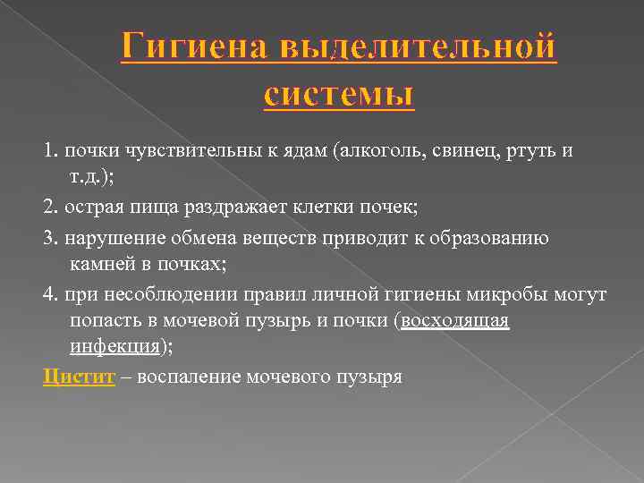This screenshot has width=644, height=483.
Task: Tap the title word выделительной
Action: (x=419, y=47)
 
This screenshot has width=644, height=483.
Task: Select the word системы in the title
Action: (x=340, y=91)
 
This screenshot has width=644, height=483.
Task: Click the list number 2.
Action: (x=49, y=208)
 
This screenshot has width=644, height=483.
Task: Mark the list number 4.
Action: (x=49, y=293)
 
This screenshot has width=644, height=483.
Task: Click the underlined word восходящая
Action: (x=455, y=322)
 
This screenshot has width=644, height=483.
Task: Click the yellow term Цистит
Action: (x=79, y=377)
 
